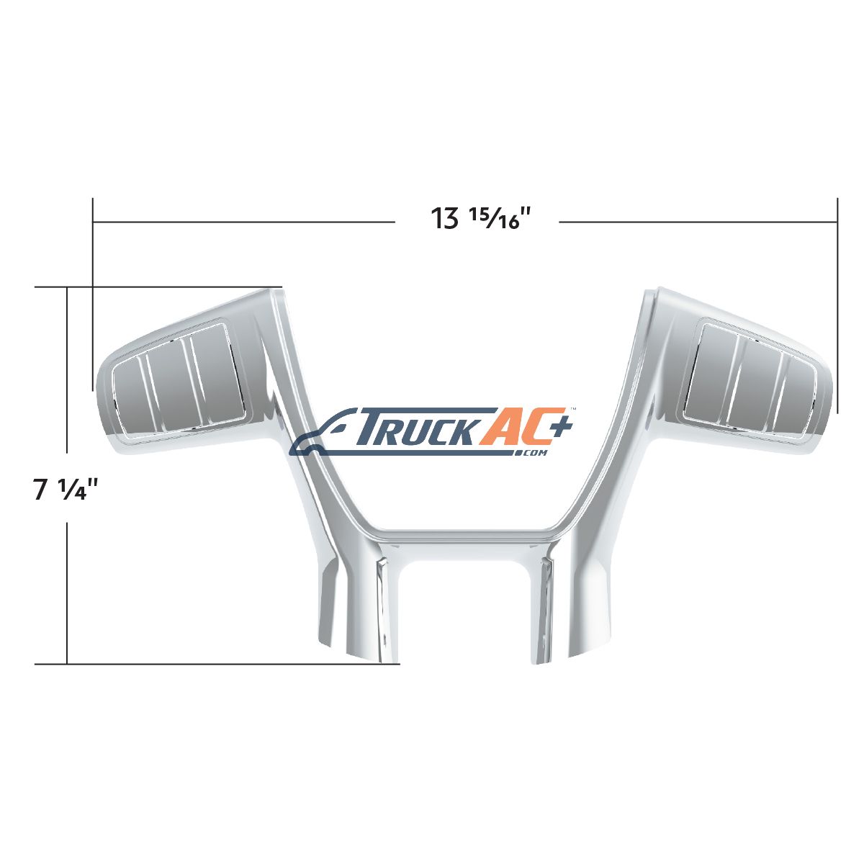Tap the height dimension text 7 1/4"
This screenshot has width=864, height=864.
tap(66, 490)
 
